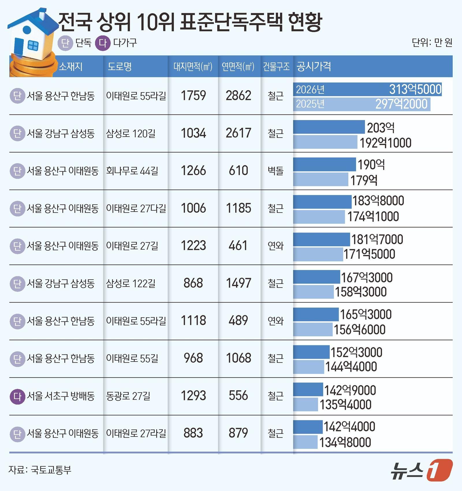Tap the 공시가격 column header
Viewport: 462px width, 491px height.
tap(314, 67)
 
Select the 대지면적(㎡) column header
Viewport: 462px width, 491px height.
tap(193, 67)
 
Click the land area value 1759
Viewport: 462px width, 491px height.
tap(193, 96)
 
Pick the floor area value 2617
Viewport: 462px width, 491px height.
tap(238, 133)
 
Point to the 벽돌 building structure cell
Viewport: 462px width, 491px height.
tap(275, 171)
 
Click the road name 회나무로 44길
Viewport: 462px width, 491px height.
tap(132, 171)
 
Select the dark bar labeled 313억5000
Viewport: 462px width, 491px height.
tap(367, 89)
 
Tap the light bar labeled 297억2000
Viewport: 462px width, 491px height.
tap(362, 104)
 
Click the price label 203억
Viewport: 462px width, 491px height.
tap(381, 128)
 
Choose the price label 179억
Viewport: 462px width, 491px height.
tap(364, 180)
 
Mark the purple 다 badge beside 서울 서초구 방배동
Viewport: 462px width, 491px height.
tap(17, 396)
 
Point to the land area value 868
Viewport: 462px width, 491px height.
tap(193, 283)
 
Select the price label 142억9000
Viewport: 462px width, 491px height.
tap(350, 390)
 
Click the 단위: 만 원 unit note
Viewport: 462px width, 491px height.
tap(432, 43)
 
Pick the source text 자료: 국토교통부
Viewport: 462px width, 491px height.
tap(40, 470)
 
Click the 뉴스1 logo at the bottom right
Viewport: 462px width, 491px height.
tap(422, 471)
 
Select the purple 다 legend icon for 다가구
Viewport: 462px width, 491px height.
tap(103, 43)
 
